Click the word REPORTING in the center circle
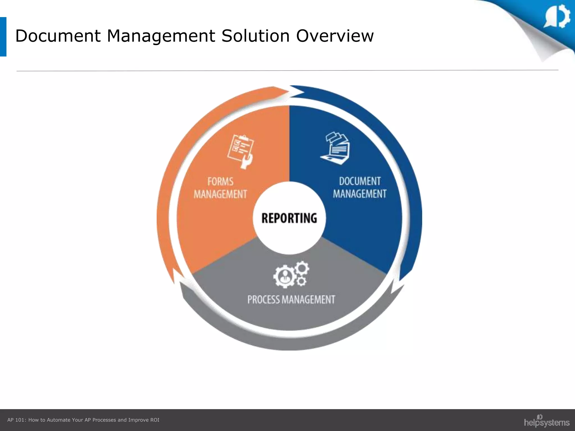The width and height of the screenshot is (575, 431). (x=289, y=218)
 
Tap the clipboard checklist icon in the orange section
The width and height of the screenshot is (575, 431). (x=240, y=151)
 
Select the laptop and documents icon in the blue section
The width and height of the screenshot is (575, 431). (x=335, y=148)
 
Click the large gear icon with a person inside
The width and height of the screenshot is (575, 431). (x=284, y=276)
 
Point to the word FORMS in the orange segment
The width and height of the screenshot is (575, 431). (x=220, y=182)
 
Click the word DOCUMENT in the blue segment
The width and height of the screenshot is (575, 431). (x=360, y=181)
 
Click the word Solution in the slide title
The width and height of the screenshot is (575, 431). (x=255, y=36)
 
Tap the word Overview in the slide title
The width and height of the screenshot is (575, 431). (x=335, y=36)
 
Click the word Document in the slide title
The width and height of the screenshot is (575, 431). (x=58, y=36)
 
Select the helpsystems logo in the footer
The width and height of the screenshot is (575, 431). (x=546, y=421)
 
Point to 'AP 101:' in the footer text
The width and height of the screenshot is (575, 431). (x=17, y=420)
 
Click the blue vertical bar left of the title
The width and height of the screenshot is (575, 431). (x=3, y=37)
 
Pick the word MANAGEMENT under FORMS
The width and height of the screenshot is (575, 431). (x=220, y=194)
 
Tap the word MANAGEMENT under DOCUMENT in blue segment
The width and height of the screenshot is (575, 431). (x=360, y=194)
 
